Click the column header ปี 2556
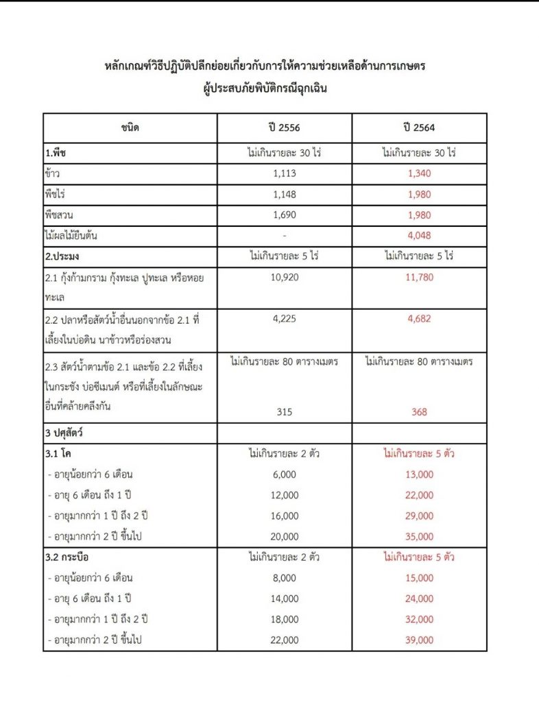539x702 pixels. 284,128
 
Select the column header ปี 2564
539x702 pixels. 419,128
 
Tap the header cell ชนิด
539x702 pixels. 130,128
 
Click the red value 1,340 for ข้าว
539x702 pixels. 419,173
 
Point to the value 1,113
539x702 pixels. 284,173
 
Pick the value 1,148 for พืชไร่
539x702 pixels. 284,194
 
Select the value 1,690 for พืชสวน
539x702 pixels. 284,215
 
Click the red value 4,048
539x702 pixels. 419,236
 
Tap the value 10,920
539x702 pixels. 284,278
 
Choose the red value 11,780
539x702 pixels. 419,278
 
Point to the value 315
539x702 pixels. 284,412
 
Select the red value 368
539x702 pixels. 419,412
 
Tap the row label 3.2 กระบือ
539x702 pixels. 67,557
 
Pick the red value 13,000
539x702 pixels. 419,474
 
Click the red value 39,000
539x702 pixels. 419,640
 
